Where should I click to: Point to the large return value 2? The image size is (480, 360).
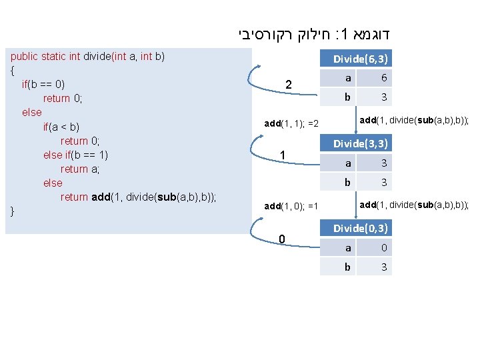pyautogui.click(x=288, y=85)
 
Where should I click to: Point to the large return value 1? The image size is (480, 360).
pyautogui.click(x=283, y=155)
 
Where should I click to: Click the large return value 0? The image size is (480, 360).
pyautogui.click(x=283, y=239)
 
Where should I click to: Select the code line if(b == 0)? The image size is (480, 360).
pyautogui.click(x=43, y=85)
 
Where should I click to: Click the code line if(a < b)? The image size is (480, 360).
pyautogui.click(x=61, y=127)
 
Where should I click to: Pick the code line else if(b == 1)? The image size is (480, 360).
pyautogui.click(x=75, y=155)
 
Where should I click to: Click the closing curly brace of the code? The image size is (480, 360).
pyautogui.click(x=13, y=211)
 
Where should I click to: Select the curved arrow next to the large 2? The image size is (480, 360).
pyautogui.click(x=256, y=78)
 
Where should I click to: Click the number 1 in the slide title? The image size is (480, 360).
pyautogui.click(x=347, y=32)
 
